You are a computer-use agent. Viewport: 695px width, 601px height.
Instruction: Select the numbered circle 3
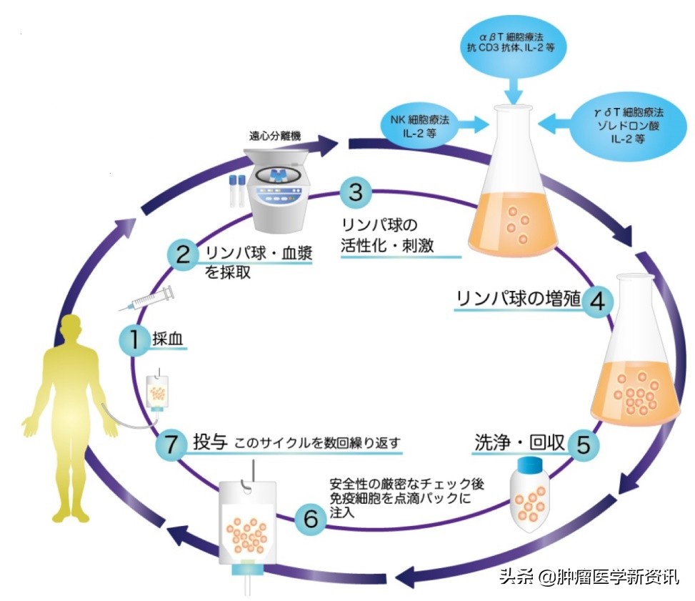pyautogui.click(x=355, y=192)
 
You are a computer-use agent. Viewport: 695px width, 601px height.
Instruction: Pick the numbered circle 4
pyautogui.click(x=597, y=301)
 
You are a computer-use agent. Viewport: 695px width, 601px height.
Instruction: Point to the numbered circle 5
pyautogui.click(x=584, y=444)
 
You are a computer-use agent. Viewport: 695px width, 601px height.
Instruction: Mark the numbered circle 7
pyautogui.click(x=171, y=443)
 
